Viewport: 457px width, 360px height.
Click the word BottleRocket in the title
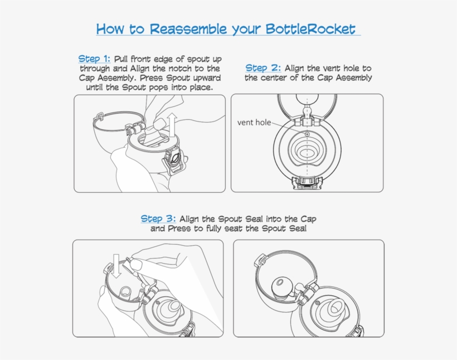click(310, 29)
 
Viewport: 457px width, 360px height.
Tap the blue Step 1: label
click(94, 59)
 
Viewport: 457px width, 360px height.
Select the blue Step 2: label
click(263, 68)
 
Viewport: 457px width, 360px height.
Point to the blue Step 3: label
click(158, 218)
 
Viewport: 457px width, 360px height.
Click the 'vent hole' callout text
click(254, 123)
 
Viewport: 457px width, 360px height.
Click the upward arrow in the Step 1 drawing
click(172, 125)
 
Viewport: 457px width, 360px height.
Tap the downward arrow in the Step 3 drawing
click(116, 266)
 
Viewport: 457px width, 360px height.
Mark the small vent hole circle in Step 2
click(307, 134)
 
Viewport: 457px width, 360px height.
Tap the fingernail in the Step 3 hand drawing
click(135, 265)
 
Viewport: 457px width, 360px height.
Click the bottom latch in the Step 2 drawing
click(308, 182)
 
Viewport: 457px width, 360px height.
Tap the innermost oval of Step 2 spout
click(307, 153)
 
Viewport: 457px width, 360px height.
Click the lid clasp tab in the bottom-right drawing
click(260, 260)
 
